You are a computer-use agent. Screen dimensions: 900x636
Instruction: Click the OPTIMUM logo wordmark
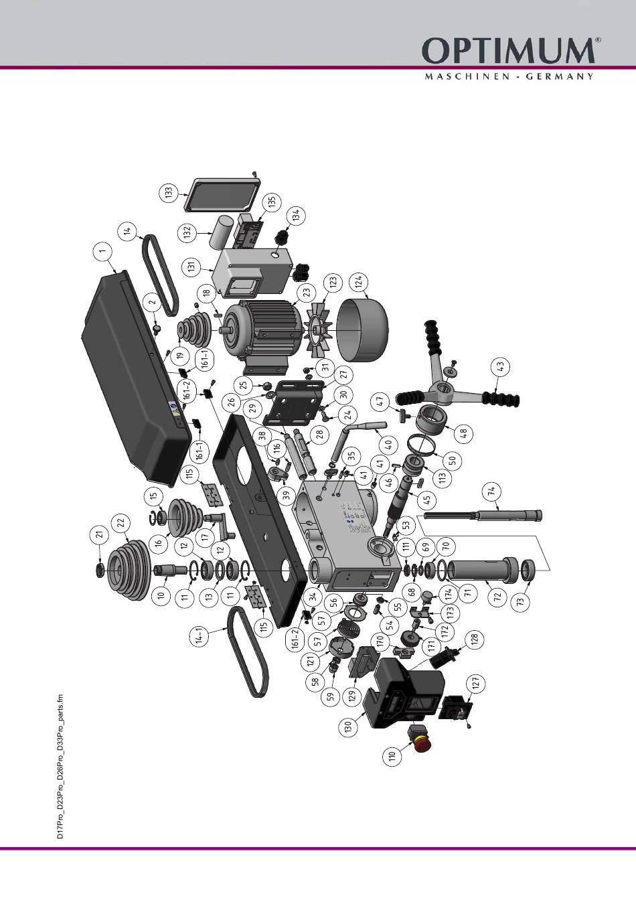click(507, 52)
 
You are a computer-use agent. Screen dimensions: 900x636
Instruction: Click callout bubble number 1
click(102, 252)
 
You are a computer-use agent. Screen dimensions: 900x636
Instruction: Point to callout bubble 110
click(393, 757)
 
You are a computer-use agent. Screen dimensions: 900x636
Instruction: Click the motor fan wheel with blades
click(320, 328)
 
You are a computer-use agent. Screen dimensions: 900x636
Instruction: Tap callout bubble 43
click(500, 367)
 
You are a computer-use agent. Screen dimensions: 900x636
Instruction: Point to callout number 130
click(348, 727)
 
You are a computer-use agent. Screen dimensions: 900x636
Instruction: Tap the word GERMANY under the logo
click(560, 76)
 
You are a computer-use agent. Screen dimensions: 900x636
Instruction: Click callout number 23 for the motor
click(307, 292)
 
